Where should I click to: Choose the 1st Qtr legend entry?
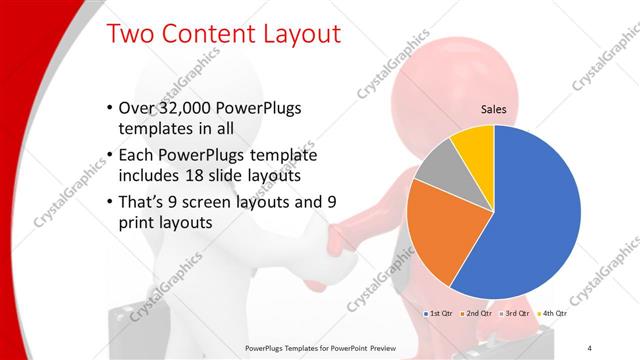(441, 314)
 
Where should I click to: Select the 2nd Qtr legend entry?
(478, 314)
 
